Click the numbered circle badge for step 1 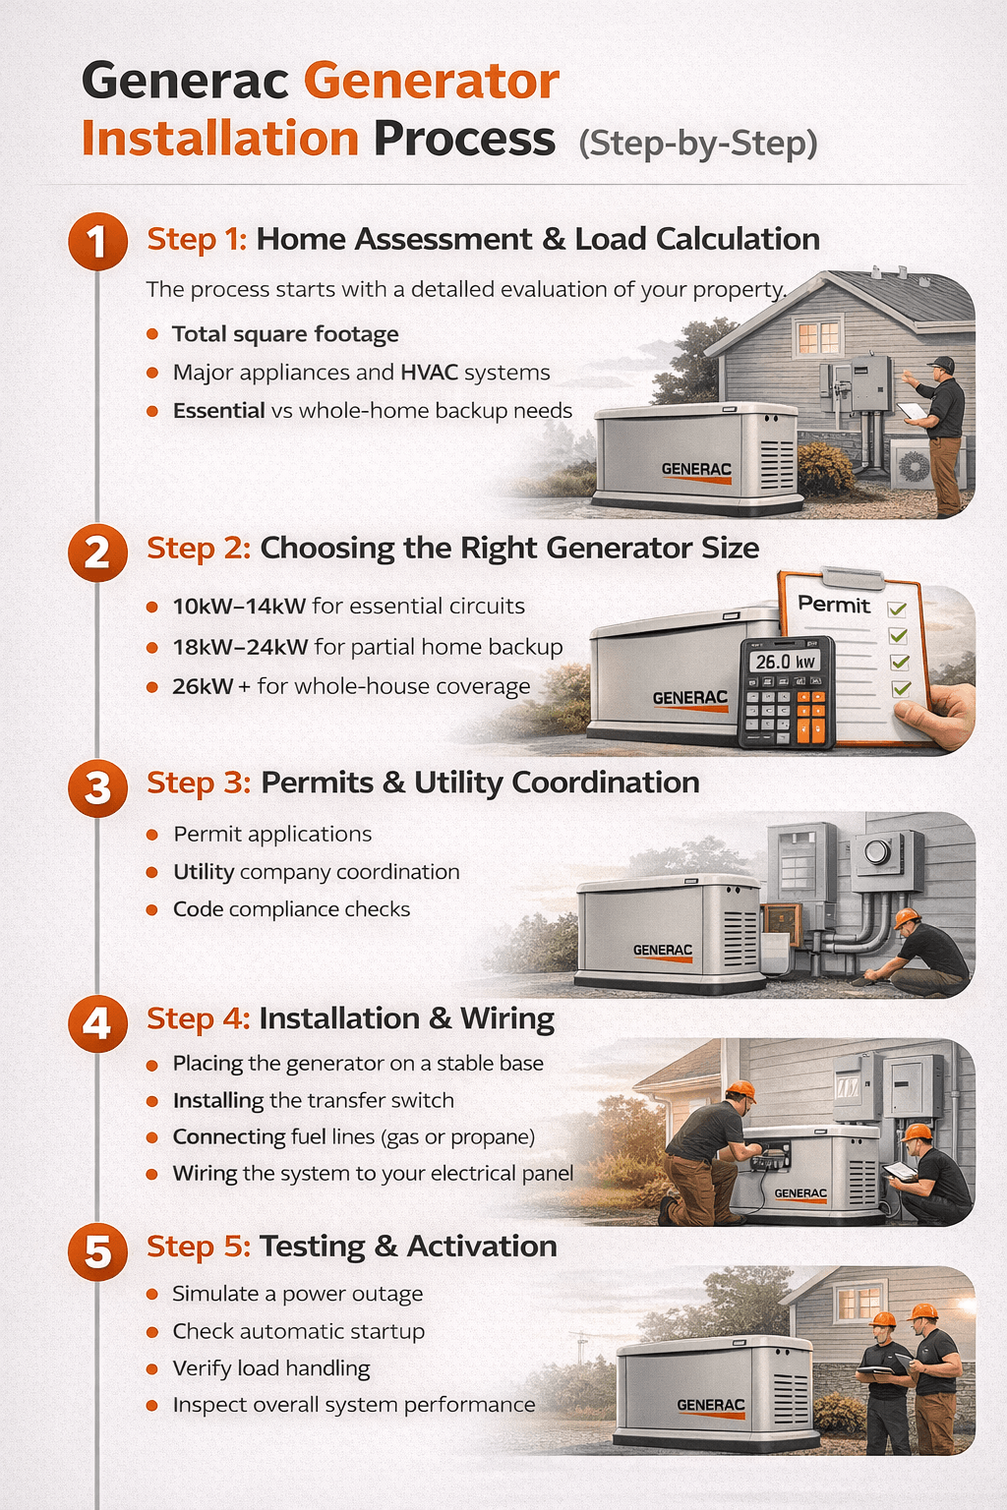coord(97,242)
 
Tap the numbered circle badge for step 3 coord(97,787)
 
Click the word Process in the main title coord(464,139)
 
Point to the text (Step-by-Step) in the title coord(698,144)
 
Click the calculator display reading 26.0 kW coord(786,662)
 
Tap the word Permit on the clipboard coord(834,605)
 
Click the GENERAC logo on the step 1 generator coord(696,470)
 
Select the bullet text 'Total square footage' coord(285,334)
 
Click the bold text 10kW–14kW coord(239,607)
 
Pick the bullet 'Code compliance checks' coord(291,909)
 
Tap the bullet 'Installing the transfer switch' coord(313,1100)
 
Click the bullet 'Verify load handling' coord(271,1368)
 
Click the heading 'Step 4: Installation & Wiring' coord(350,1018)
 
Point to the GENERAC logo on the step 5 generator coord(711,1406)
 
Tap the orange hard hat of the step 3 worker coord(907,917)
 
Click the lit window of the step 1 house coord(818,336)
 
